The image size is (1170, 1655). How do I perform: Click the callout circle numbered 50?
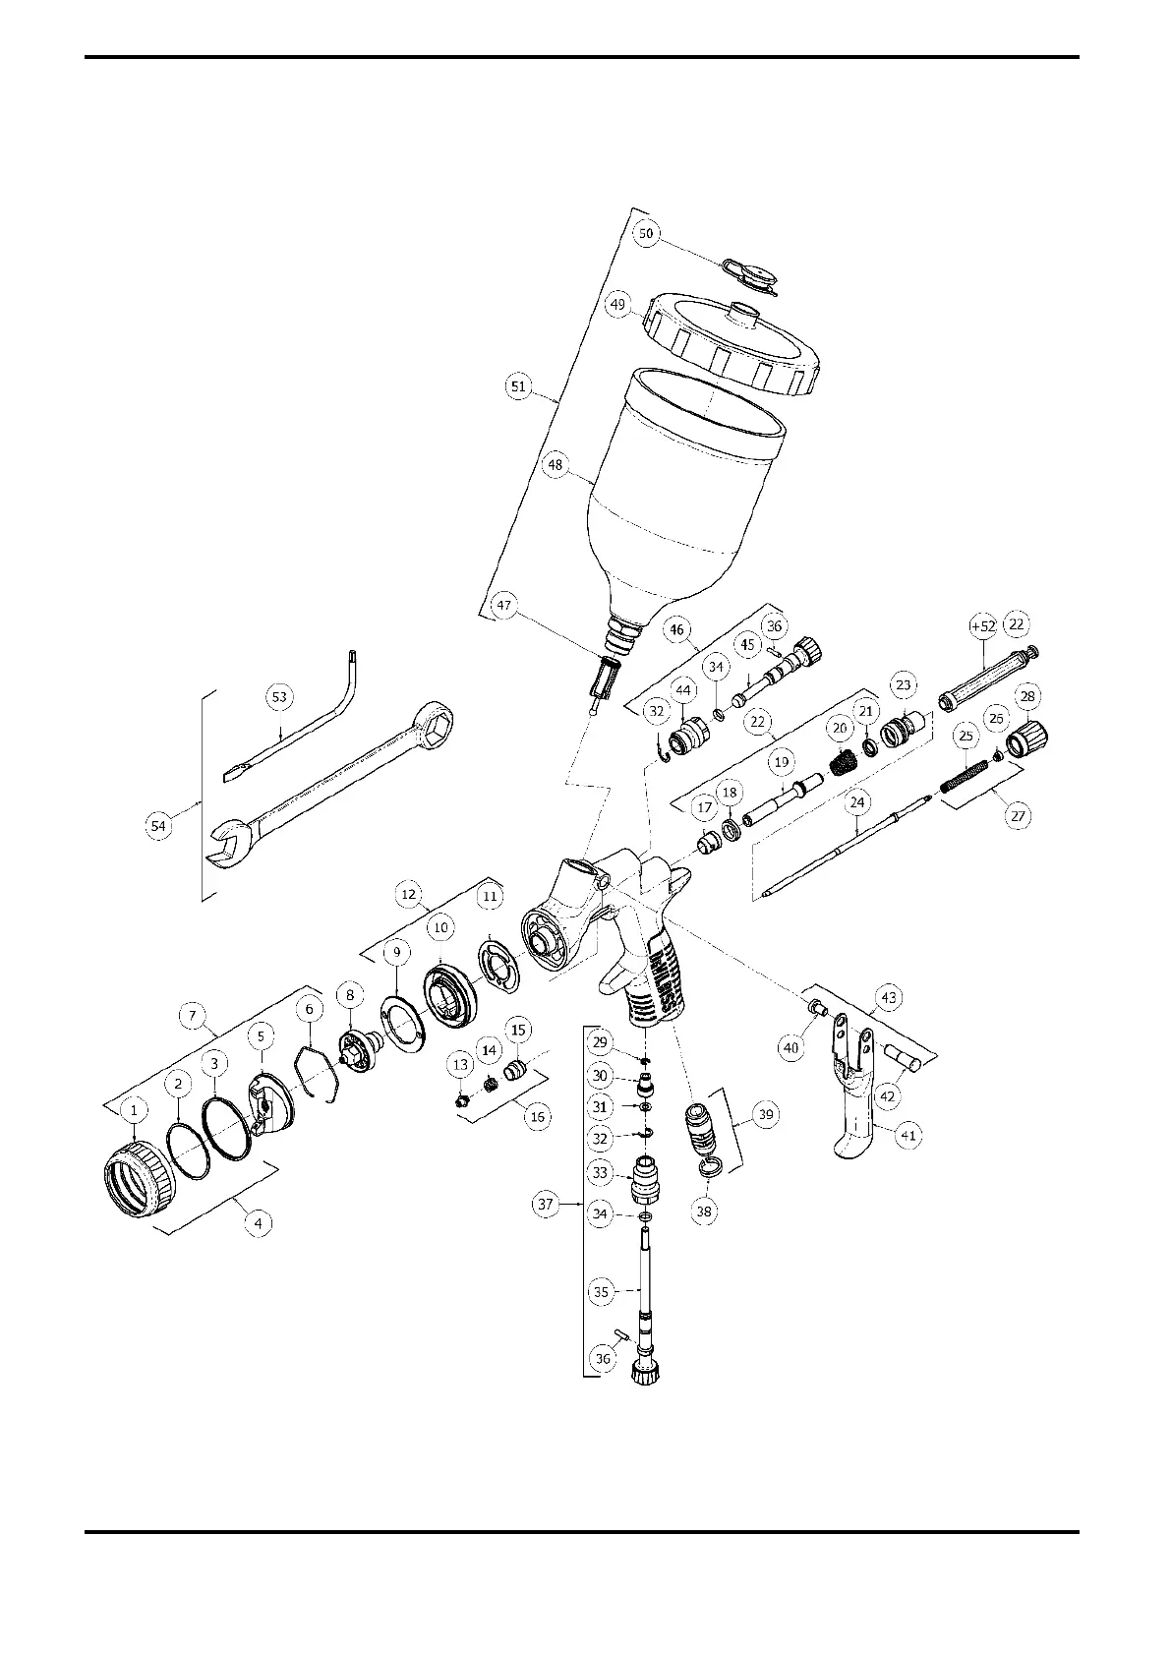click(646, 233)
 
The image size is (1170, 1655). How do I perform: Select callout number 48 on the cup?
click(557, 465)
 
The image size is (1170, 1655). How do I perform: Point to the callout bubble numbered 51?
click(519, 387)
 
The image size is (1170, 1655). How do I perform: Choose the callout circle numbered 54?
click(158, 825)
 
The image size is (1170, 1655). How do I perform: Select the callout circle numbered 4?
click(258, 1223)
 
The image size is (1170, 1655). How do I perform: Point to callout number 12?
click(410, 895)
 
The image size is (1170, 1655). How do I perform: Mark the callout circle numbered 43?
click(889, 997)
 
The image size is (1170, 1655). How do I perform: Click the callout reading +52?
click(982, 626)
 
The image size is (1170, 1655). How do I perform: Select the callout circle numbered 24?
click(857, 802)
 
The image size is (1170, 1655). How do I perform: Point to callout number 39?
click(766, 1115)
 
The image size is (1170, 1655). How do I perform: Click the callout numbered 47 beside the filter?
click(504, 606)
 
